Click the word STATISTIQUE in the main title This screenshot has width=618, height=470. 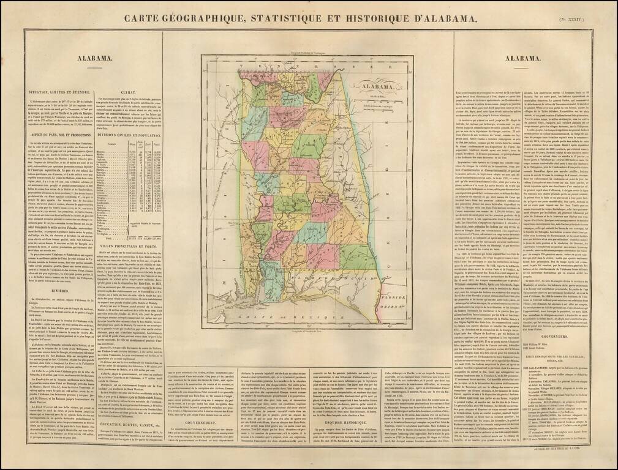point(287,18)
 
